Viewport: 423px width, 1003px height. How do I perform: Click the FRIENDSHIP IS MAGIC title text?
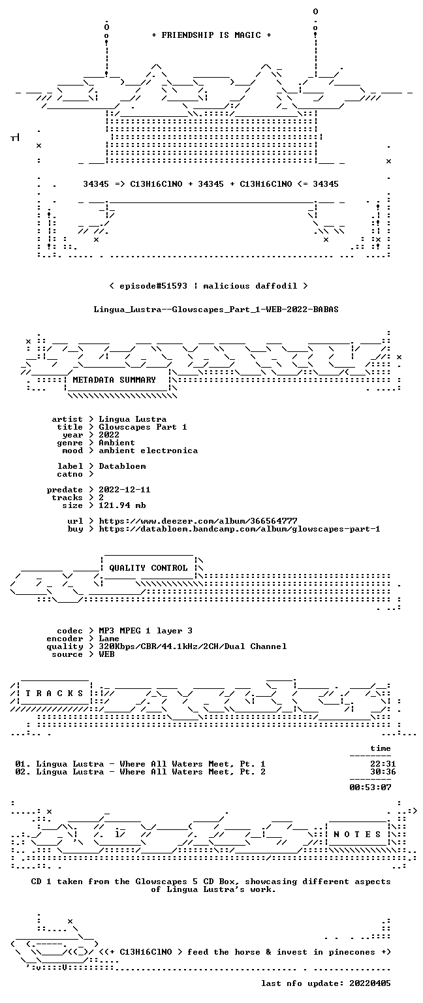pos(211,35)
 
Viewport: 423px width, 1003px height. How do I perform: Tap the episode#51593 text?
pos(153,285)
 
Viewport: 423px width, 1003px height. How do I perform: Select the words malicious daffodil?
pos(250,285)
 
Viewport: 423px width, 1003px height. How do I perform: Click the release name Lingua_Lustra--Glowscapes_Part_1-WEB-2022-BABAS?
pos(216,310)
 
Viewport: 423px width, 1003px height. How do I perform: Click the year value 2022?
pos(109,435)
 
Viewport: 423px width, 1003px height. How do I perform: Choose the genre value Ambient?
pos(116,442)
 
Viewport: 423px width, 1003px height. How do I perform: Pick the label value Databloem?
pos(122,466)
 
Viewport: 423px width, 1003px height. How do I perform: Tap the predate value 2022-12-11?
pos(125,489)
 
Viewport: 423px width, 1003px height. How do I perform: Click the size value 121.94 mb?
pos(122,505)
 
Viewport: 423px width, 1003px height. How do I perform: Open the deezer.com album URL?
pos(198,520)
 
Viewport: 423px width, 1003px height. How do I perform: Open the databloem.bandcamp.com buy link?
pos(240,529)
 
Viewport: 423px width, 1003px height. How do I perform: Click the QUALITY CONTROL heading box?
pos(148,567)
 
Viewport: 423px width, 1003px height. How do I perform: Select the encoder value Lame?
pos(109,639)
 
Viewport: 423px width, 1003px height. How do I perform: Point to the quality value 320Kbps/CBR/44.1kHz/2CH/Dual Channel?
pos(193,646)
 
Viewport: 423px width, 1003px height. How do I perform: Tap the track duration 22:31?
pos(383,764)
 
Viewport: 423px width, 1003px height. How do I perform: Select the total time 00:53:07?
pos(370,787)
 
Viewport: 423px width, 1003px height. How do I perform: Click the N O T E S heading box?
pos(357,834)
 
